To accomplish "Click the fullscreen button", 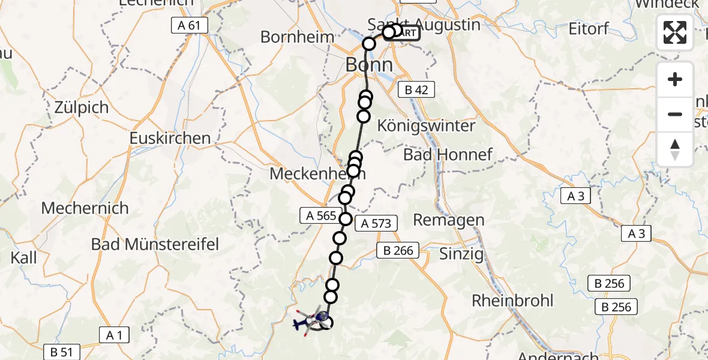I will (675, 32).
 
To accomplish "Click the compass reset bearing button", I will (675, 149).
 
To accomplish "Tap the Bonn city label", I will (369, 65).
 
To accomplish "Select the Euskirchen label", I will (170, 138).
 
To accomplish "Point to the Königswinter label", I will (426, 126).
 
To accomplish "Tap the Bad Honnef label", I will (448, 155).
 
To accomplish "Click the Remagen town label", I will (449, 220).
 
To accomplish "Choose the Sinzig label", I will (461, 254).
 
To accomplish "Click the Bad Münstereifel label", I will (155, 244).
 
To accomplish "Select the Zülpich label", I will (82, 108).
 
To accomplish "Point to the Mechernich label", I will (85, 208).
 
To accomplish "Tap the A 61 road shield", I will (189, 25).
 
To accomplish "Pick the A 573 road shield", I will (376, 224).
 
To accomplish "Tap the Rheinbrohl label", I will (512, 300).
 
